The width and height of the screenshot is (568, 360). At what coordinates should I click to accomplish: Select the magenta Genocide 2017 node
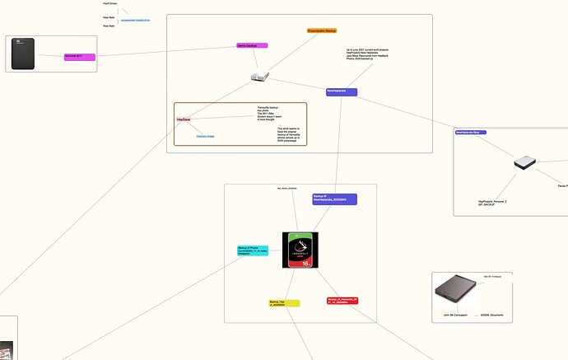point(79,57)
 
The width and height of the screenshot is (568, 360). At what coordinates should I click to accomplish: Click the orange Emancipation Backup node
point(322,30)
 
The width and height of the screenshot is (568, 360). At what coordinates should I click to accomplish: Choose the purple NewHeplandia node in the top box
point(341,91)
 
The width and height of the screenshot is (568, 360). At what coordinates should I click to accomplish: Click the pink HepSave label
point(184,119)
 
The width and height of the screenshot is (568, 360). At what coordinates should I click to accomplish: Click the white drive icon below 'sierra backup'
point(259,77)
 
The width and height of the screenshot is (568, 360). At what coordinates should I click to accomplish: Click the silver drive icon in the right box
point(524,163)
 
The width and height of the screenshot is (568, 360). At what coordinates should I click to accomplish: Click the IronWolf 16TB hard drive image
point(300,250)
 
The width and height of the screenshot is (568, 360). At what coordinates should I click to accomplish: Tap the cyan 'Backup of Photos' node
point(252,250)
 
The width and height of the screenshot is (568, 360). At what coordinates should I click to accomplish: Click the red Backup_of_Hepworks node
point(342,301)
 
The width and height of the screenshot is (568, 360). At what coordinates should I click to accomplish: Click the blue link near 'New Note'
point(135,19)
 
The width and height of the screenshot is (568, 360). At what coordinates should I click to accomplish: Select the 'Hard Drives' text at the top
point(109,3)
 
